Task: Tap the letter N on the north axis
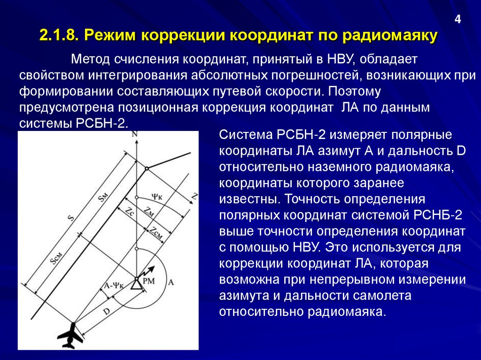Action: [135, 135]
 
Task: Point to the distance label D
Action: [107, 311]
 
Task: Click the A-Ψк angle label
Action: [113, 285]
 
